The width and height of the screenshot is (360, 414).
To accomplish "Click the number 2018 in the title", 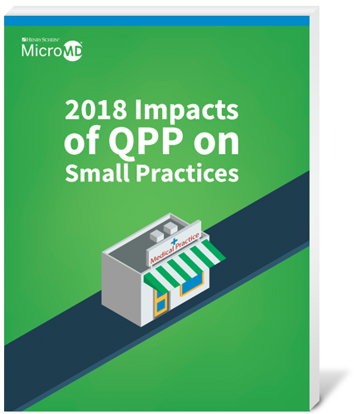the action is click(96, 109).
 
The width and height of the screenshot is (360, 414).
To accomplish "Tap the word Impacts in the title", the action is click(186, 111).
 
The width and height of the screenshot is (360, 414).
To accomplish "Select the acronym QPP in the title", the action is click(146, 142).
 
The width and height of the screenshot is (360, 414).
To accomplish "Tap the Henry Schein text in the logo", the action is click(41, 40).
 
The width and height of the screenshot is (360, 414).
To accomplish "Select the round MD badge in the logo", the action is click(73, 51).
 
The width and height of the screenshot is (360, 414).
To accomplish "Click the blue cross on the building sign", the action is click(174, 242).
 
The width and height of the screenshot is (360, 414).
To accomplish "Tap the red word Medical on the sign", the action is click(162, 255).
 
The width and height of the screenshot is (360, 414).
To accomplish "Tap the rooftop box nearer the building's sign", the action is click(170, 228).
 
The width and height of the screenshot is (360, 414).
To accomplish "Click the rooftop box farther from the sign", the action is click(157, 235).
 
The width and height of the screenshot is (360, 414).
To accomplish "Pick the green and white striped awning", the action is click(185, 266).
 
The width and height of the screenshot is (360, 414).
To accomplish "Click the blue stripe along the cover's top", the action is click(156, 21).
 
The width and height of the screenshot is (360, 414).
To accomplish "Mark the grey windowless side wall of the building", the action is click(122, 287).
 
